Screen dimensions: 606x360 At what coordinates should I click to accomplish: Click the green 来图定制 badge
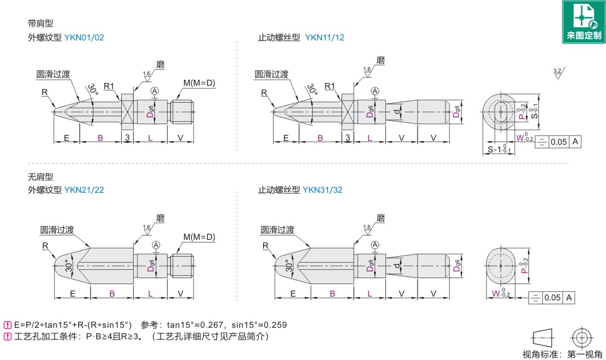pos(584,22)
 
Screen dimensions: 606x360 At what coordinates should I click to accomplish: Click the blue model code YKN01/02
pos(84,38)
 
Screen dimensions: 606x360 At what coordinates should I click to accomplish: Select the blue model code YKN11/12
pos(325,38)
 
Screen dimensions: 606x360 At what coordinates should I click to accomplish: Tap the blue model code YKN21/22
pos(84,190)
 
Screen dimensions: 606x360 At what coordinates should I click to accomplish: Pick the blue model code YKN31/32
pos(322,190)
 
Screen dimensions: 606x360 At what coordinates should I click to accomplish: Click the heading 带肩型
pos(40,23)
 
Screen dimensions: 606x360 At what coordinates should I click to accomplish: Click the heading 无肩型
pos(40,176)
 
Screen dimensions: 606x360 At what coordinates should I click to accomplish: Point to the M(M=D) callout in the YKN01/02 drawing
pos(199,82)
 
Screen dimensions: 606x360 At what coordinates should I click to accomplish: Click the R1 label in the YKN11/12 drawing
pos(330,86)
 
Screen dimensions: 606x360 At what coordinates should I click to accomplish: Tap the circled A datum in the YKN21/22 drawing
pos(156,245)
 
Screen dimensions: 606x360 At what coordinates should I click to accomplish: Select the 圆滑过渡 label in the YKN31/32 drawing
pos(277,229)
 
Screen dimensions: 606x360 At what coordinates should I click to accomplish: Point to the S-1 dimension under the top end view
pos(499,149)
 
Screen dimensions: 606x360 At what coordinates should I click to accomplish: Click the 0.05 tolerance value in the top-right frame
pos(559,142)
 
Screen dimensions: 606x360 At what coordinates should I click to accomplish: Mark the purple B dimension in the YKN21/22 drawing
pos(112,294)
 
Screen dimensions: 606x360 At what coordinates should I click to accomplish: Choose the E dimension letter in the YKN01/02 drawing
pos(67,138)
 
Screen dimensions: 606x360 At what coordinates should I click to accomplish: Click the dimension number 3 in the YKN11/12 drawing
pos(347,137)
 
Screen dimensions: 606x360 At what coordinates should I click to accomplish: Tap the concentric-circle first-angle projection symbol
pos(581,338)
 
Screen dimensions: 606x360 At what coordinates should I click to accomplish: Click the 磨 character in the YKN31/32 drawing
pos(381,218)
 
